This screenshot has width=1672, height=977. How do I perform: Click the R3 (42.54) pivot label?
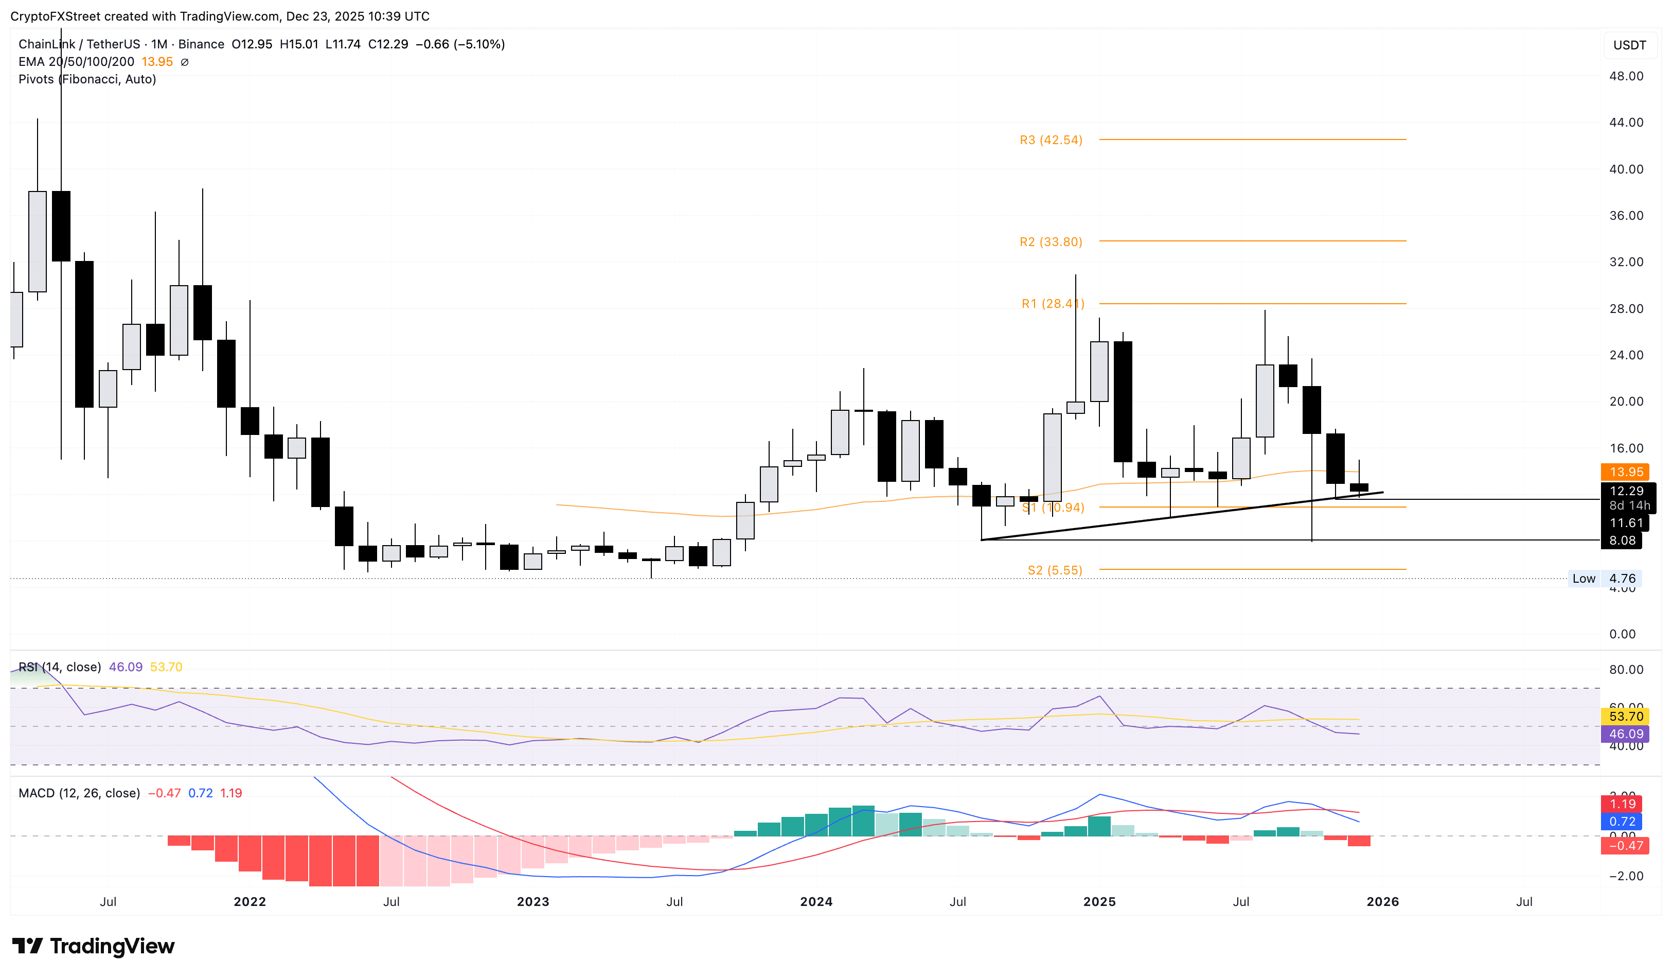(1051, 140)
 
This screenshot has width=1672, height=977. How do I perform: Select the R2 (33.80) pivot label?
(1051, 241)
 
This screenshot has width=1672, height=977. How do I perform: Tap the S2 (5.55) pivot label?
(1054, 570)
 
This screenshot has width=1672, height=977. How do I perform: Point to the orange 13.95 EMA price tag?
(1626, 472)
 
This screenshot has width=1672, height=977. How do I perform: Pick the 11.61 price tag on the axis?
(1626, 523)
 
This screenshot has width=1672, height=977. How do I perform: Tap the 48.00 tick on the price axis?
(1626, 76)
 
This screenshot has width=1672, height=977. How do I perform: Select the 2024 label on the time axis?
(815, 901)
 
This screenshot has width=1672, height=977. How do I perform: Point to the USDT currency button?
(1629, 45)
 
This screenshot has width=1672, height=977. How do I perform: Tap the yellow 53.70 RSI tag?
(1626, 716)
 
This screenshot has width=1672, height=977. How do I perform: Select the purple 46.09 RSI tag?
(1626, 734)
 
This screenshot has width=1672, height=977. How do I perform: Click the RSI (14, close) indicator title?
(60, 667)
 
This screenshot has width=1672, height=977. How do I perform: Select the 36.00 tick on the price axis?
(1626, 215)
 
